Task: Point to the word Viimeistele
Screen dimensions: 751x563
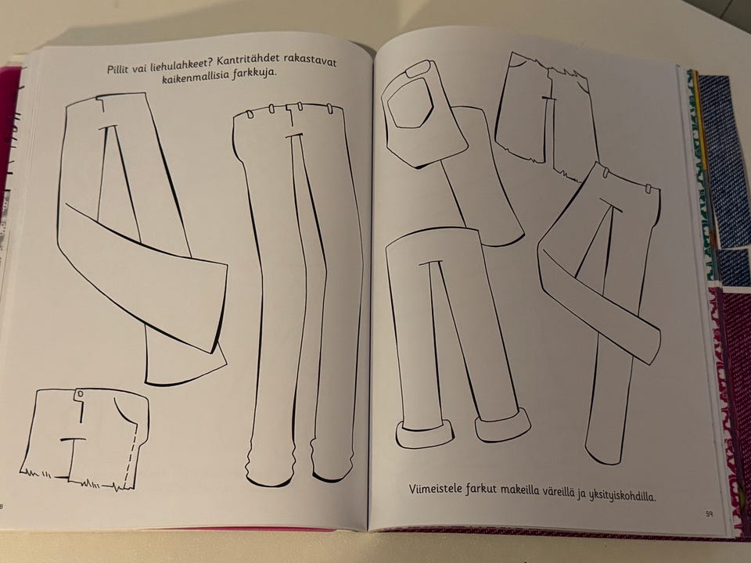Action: click(435, 489)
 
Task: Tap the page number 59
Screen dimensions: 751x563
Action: click(709, 515)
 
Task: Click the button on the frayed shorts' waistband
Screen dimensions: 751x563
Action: click(80, 393)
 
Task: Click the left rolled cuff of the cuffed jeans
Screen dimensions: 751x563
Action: click(424, 433)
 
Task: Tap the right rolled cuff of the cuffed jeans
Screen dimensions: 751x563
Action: click(503, 424)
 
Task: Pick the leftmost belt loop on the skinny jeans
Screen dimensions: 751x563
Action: click(250, 114)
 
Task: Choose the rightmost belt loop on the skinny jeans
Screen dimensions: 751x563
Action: click(329, 109)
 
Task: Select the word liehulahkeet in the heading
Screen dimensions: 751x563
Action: click(180, 65)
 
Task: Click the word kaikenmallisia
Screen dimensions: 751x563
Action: click(196, 77)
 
